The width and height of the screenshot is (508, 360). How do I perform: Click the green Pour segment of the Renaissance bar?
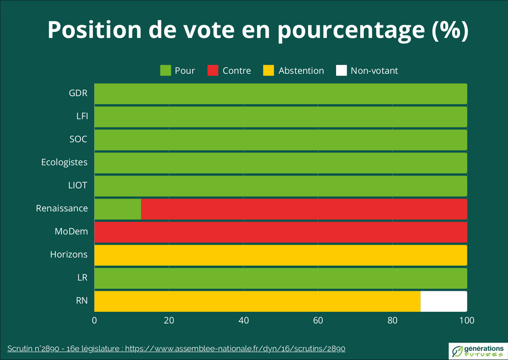[117, 209]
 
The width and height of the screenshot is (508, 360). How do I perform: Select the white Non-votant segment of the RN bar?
[444, 301]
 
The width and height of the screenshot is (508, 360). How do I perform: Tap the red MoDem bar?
[280, 232]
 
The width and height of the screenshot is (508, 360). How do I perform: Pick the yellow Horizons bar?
[280, 255]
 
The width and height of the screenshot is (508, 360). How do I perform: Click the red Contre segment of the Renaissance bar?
[304, 209]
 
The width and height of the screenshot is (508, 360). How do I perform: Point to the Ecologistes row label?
[64, 162]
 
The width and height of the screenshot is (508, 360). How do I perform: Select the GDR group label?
[78, 93]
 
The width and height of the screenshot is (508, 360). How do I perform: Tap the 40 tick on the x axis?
[243, 321]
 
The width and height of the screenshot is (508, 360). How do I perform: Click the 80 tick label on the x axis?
[392, 321]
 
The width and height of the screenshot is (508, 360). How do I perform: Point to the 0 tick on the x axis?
[94, 321]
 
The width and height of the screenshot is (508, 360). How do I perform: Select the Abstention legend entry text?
[301, 71]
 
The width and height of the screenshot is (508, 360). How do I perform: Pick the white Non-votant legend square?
[341, 70]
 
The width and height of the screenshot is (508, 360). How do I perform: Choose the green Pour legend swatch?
[165, 70]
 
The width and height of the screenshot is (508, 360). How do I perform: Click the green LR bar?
[280, 278]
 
